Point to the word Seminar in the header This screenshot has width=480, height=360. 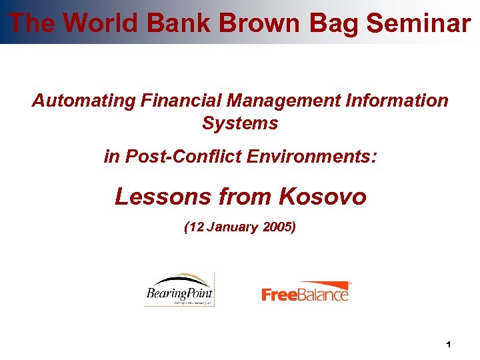click(418, 23)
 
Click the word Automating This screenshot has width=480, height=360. click(84, 101)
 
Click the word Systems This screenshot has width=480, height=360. click(240, 123)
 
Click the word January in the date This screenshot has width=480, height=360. click(232, 227)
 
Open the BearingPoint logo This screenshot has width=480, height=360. click(179, 289)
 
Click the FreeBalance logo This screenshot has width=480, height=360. click(306, 292)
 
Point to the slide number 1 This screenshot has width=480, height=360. click(449, 345)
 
